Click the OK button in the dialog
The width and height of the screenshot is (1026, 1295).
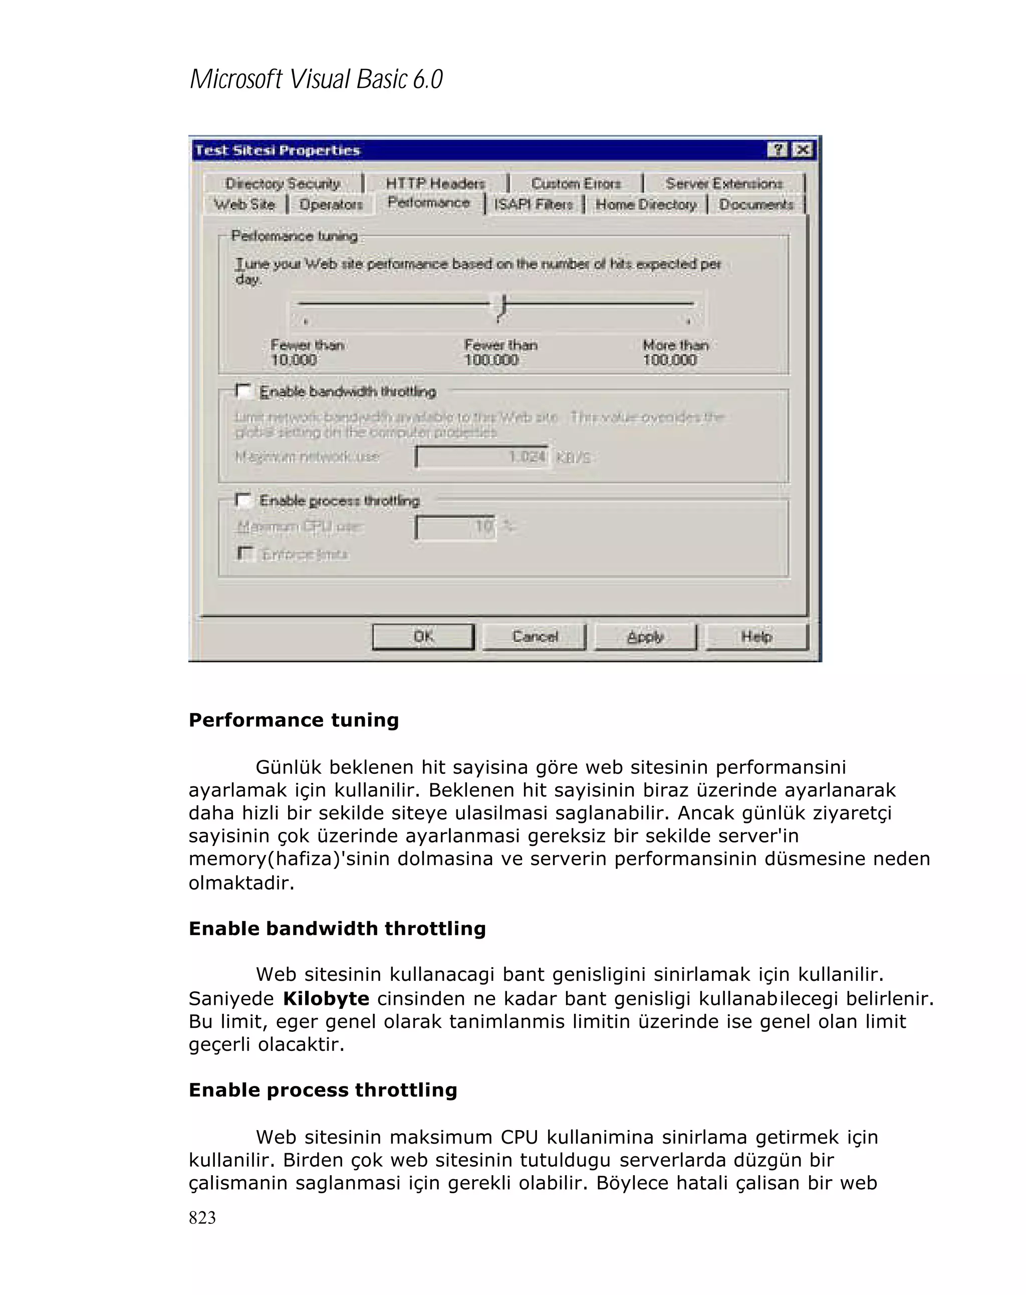[x=423, y=636]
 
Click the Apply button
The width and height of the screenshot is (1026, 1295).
[x=645, y=636]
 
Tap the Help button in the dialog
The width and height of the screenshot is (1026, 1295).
[x=756, y=636]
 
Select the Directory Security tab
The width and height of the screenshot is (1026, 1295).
[x=283, y=183]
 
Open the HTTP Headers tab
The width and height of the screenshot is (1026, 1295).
[x=435, y=183]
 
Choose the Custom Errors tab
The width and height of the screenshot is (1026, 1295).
[x=576, y=183]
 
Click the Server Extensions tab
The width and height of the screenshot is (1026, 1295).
[x=723, y=183]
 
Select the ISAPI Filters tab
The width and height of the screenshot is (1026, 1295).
[x=533, y=205]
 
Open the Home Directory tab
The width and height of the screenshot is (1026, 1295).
[x=646, y=205]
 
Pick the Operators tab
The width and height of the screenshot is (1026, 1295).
[x=331, y=205]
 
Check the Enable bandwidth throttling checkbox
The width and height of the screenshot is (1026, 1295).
[x=243, y=391]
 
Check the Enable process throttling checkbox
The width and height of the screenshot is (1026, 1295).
[x=243, y=500]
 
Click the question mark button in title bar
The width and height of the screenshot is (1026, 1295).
[x=777, y=149]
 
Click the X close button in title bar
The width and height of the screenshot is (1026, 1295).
[x=802, y=149]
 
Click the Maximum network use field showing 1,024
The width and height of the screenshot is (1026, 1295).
[x=481, y=457]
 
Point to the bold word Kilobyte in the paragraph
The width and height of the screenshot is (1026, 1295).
[x=326, y=999]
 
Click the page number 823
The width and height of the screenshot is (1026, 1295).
[x=202, y=1217]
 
